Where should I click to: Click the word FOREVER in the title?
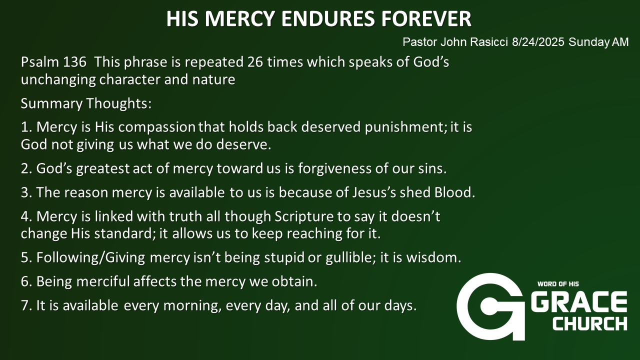click(x=426, y=19)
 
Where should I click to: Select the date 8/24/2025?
click(x=538, y=42)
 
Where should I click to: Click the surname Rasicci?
click(x=489, y=42)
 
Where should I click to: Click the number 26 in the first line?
click(x=255, y=62)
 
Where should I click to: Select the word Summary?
click(x=51, y=103)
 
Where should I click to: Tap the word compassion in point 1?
click(x=157, y=127)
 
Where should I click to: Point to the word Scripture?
click(x=304, y=217)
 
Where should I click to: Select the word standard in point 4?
click(x=122, y=233)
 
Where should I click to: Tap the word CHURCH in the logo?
click(x=590, y=323)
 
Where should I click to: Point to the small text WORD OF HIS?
click(x=558, y=284)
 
